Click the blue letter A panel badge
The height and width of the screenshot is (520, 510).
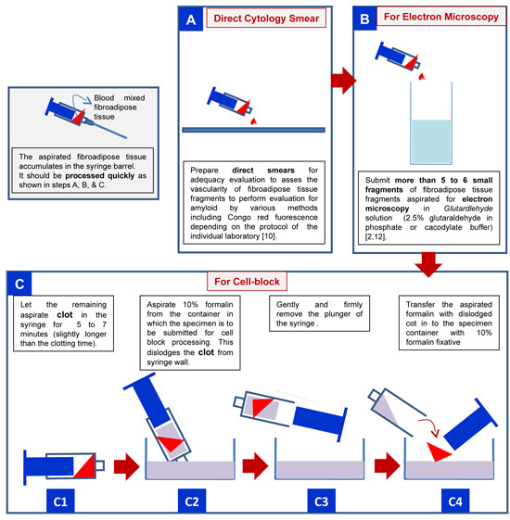[x=191, y=19]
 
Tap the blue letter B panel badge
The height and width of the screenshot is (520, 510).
[x=364, y=19]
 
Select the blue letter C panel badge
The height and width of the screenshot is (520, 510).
[x=19, y=284]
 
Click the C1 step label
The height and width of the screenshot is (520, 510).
[x=60, y=501]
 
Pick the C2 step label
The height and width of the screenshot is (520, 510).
[x=192, y=501]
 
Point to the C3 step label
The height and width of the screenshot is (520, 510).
[x=321, y=501]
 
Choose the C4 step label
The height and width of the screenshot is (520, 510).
[x=455, y=501]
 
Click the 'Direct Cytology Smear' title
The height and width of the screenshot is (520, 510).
[x=266, y=19]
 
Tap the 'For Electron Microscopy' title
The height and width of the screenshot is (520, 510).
[x=441, y=17]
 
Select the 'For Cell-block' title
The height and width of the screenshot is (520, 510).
[x=247, y=282]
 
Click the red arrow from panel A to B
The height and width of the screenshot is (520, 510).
[x=343, y=81]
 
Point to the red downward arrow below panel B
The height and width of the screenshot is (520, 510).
[x=428, y=265]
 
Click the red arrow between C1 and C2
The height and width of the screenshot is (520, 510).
[x=127, y=466]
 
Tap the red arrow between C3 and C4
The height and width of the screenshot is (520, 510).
[x=388, y=466]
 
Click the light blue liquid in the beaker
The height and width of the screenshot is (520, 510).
[x=430, y=141]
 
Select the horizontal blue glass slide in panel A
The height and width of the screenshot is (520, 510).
[x=253, y=130]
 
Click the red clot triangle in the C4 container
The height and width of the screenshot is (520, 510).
[x=438, y=451]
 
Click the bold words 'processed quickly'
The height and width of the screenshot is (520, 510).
[x=100, y=175]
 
